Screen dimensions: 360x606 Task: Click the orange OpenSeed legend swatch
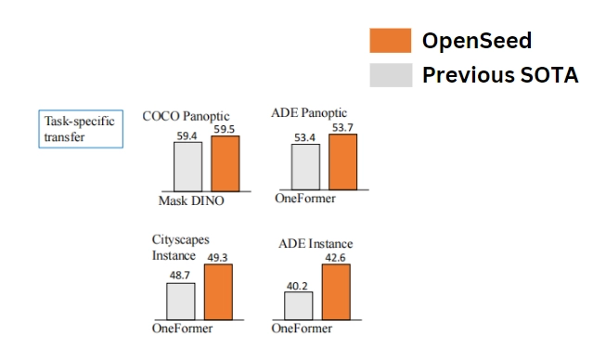pyautogui.click(x=390, y=41)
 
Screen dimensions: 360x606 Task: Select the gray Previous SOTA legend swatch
pyautogui.click(x=390, y=74)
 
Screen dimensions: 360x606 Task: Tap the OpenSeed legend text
pyautogui.click(x=477, y=41)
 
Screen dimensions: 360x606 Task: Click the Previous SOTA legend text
pyautogui.click(x=500, y=74)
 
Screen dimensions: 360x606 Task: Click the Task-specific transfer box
pyautogui.click(x=82, y=129)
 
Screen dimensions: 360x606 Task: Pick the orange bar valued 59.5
pyautogui.click(x=226, y=163)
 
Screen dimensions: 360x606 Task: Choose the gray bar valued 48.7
pyautogui.click(x=180, y=302)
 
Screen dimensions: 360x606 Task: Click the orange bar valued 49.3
pyautogui.click(x=220, y=293)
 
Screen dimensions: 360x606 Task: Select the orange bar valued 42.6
pyautogui.click(x=336, y=293)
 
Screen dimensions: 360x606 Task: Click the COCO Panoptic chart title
pyautogui.click(x=185, y=116)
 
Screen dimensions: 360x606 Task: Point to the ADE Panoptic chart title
pyautogui.click(x=311, y=112)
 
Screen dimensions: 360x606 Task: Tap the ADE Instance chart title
pyautogui.click(x=316, y=243)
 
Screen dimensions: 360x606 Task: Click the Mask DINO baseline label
pyautogui.click(x=191, y=199)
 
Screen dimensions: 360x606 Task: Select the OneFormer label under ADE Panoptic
pyautogui.click(x=304, y=199)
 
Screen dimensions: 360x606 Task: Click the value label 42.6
pyautogui.click(x=336, y=258)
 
